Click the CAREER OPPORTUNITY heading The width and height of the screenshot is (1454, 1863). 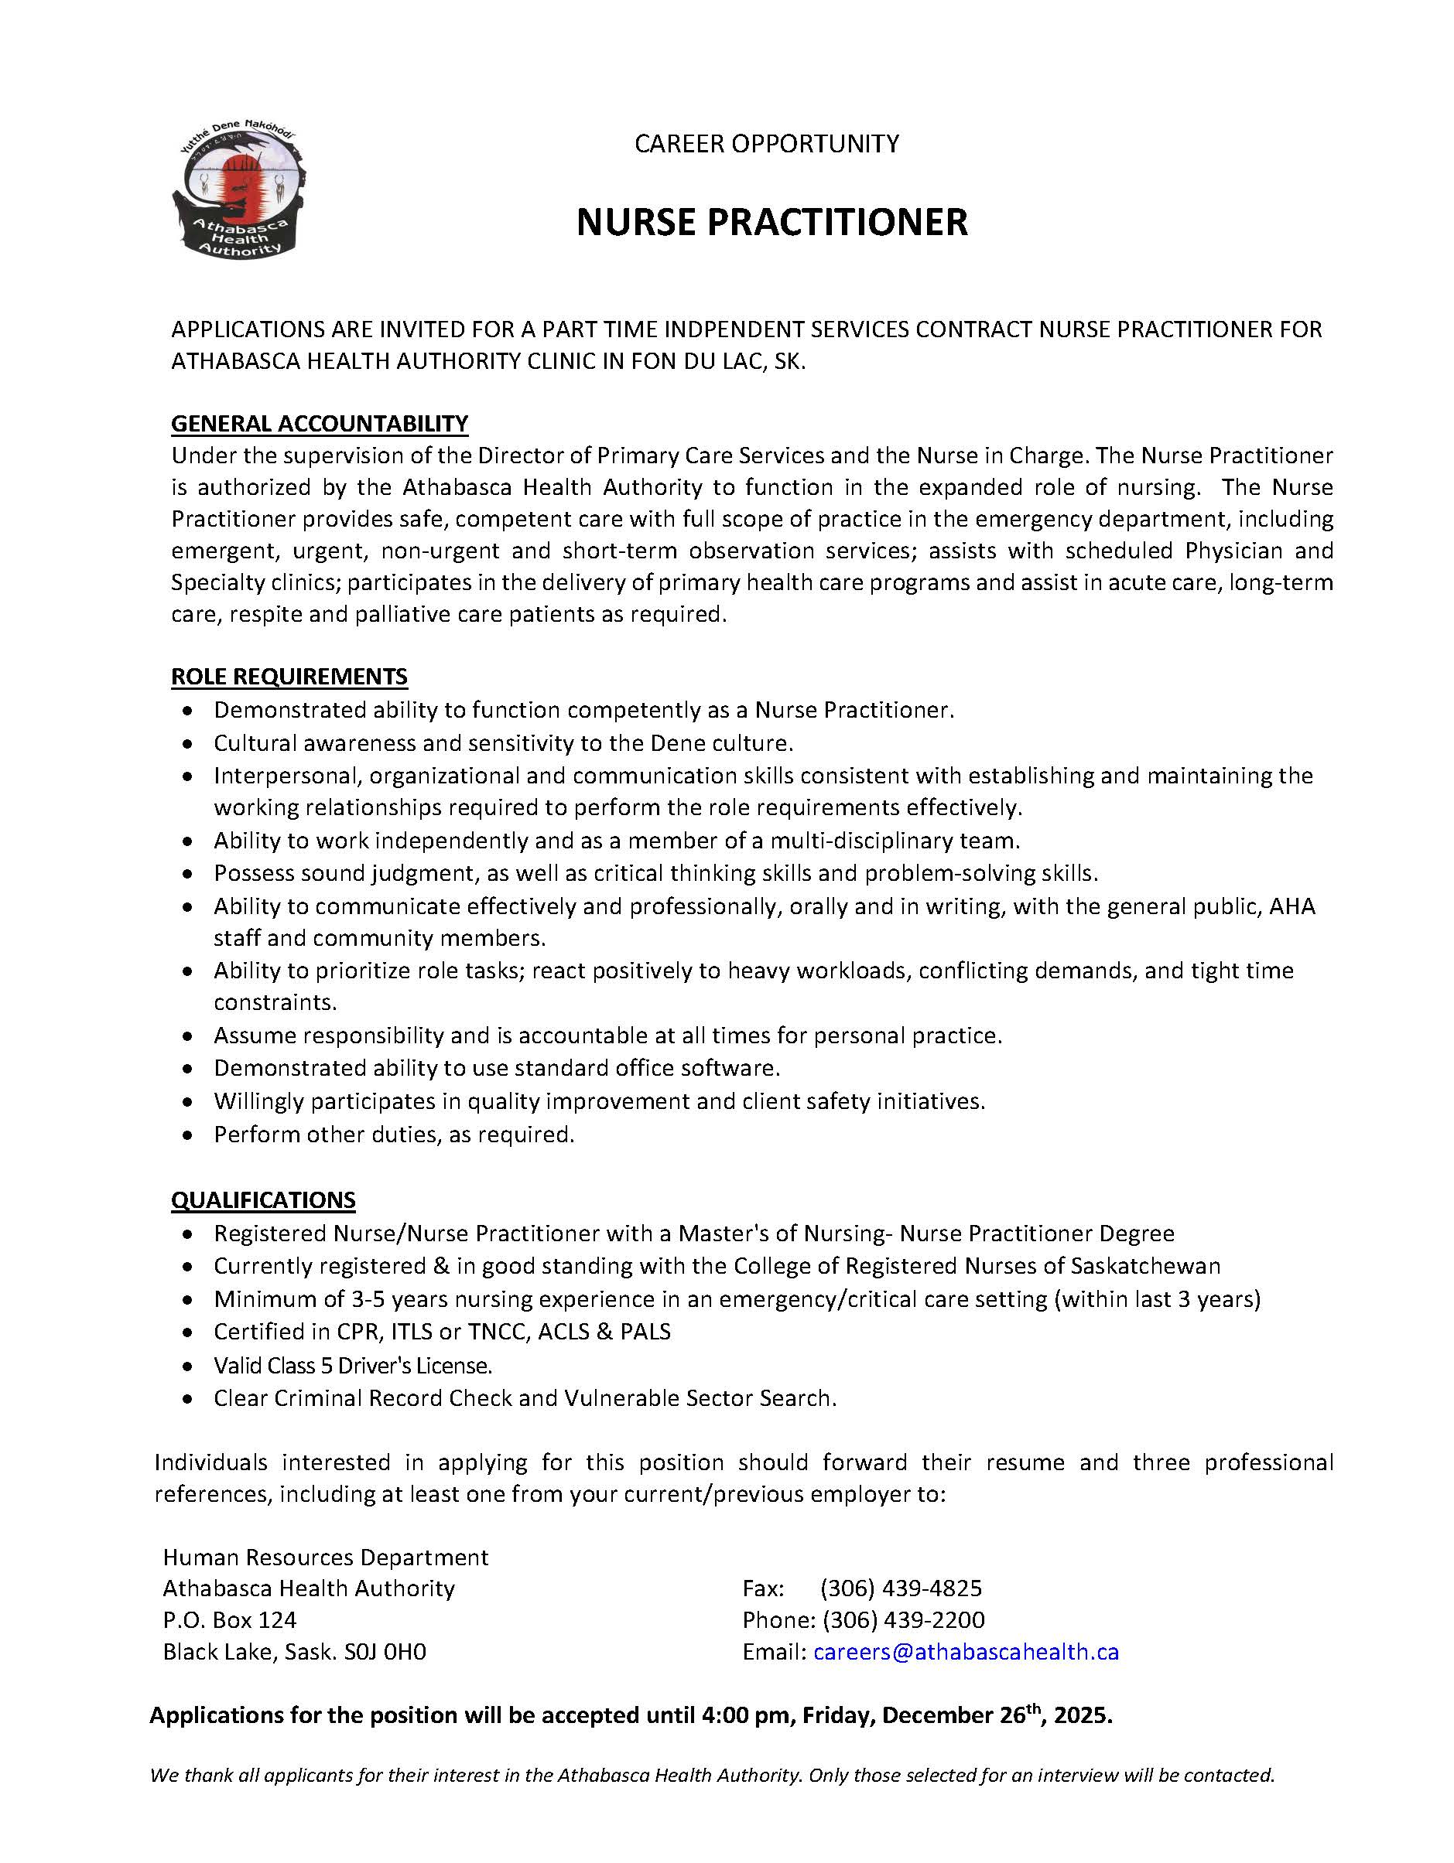(x=765, y=143)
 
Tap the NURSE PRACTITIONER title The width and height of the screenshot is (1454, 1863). (x=771, y=223)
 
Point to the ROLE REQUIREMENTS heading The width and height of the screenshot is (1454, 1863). (x=289, y=677)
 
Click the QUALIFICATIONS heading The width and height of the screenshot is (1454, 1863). (x=263, y=1199)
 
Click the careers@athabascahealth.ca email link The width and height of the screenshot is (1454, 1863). (x=965, y=1653)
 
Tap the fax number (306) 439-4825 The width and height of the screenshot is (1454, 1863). (x=900, y=1588)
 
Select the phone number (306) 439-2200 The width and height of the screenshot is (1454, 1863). (x=903, y=1620)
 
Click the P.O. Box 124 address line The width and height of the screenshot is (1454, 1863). (x=230, y=1620)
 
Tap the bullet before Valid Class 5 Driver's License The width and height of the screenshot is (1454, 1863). (x=189, y=1367)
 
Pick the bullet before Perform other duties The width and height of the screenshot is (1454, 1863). (x=189, y=1135)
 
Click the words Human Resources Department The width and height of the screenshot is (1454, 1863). (x=325, y=1557)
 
